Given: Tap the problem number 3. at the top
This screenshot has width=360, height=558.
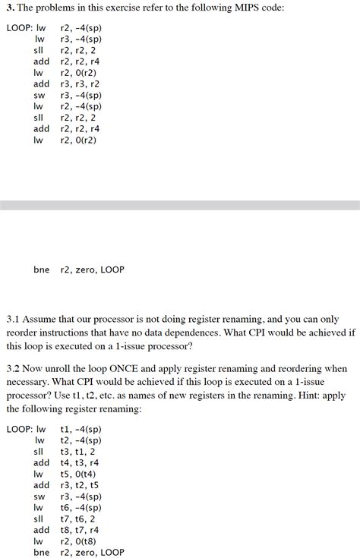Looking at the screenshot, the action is [x=11, y=10].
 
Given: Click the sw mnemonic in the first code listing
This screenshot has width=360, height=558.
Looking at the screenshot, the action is [x=39, y=95].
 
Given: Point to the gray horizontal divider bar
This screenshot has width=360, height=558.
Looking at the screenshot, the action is [x=180, y=205].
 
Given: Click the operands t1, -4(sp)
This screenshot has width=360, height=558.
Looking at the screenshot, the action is [x=86, y=429].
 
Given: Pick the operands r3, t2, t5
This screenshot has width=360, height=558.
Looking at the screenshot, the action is [x=80, y=485].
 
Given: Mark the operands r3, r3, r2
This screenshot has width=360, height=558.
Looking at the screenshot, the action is [x=80, y=84].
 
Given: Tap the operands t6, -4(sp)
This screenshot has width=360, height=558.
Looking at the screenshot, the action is [x=86, y=507].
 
